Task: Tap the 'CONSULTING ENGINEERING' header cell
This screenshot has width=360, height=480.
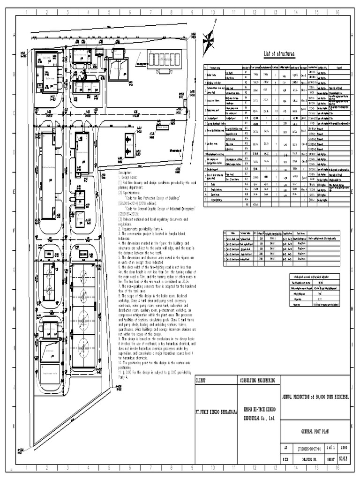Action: [x=257, y=381]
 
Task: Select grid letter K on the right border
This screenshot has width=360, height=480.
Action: [x=355, y=426]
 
